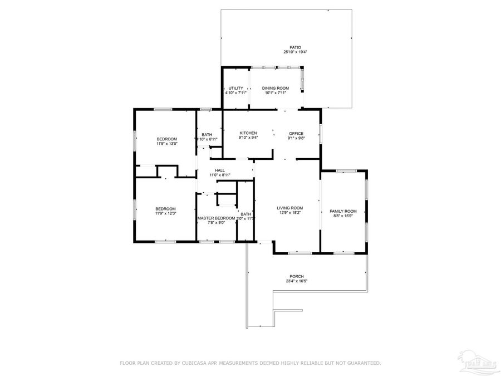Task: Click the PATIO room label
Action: (x=295, y=47)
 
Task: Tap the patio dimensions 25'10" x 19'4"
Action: (x=295, y=52)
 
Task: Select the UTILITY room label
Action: (x=235, y=88)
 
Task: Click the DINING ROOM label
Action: (x=276, y=88)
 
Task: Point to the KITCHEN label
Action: (x=248, y=133)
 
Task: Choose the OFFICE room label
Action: (x=296, y=133)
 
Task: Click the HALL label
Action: (x=220, y=170)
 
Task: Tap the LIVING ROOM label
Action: (x=290, y=208)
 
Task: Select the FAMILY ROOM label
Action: (x=343, y=211)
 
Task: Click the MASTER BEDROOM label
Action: (x=216, y=218)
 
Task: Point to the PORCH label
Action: (x=296, y=276)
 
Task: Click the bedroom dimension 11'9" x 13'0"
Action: (x=166, y=144)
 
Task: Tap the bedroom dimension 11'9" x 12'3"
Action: (x=165, y=213)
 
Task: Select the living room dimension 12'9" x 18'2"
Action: (x=290, y=213)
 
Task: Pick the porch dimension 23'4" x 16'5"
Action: (x=296, y=281)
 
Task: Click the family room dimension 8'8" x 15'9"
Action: (x=343, y=216)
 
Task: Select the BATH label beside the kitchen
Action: (x=207, y=134)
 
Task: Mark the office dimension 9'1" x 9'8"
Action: (x=296, y=138)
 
